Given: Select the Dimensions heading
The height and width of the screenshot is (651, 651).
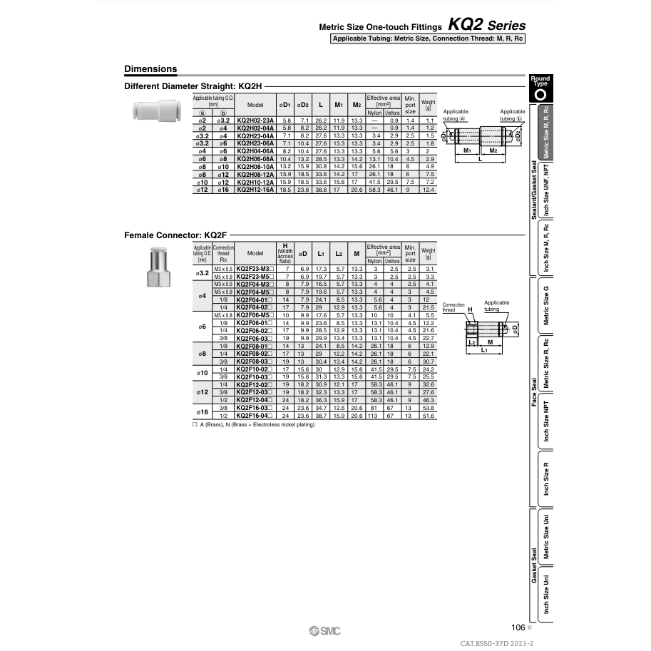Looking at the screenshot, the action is (x=150, y=69).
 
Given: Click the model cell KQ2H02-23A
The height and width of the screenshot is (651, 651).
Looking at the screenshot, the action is (x=255, y=121).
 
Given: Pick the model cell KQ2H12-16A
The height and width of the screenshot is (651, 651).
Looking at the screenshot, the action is (x=255, y=189).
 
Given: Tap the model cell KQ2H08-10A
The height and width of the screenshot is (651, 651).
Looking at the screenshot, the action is (x=255, y=166).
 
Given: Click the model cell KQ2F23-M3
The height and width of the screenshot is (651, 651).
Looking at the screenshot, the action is (x=255, y=268).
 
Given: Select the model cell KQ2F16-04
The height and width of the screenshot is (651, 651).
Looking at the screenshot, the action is (x=255, y=415).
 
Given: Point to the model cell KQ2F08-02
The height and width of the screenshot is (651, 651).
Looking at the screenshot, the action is (x=255, y=354).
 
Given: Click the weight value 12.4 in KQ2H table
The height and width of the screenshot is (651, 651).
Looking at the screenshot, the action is (x=428, y=189).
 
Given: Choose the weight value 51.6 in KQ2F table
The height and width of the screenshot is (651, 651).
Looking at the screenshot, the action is (x=429, y=415).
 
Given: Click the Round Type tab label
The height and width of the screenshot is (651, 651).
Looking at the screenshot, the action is (x=540, y=81).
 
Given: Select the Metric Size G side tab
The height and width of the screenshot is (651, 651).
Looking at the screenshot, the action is (x=547, y=304).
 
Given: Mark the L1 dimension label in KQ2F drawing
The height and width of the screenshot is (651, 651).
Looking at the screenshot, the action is (x=484, y=351).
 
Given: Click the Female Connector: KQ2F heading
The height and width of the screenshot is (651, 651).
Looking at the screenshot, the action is (x=175, y=234).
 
